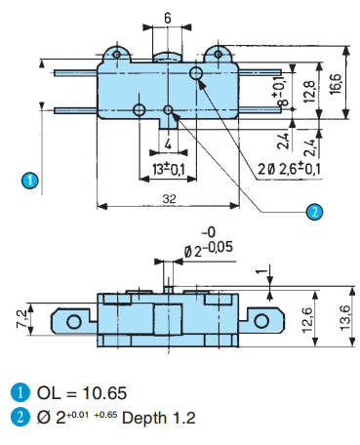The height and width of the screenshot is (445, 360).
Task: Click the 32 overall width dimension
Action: pos(169,198)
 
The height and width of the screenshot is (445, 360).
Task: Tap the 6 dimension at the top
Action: pos(167,19)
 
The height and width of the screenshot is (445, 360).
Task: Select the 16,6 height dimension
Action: pos(336,84)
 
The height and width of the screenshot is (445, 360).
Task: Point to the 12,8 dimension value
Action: pos(310,92)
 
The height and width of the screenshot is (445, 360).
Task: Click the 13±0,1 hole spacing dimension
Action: pos(168,169)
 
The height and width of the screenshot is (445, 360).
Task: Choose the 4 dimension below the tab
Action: pos(168,143)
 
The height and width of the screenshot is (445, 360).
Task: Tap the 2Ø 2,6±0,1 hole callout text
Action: pos(289,169)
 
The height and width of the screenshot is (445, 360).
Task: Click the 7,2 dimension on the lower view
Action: pos(22,319)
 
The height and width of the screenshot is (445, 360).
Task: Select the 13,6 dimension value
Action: pos(344,318)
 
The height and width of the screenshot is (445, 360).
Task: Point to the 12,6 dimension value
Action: pos(307,320)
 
